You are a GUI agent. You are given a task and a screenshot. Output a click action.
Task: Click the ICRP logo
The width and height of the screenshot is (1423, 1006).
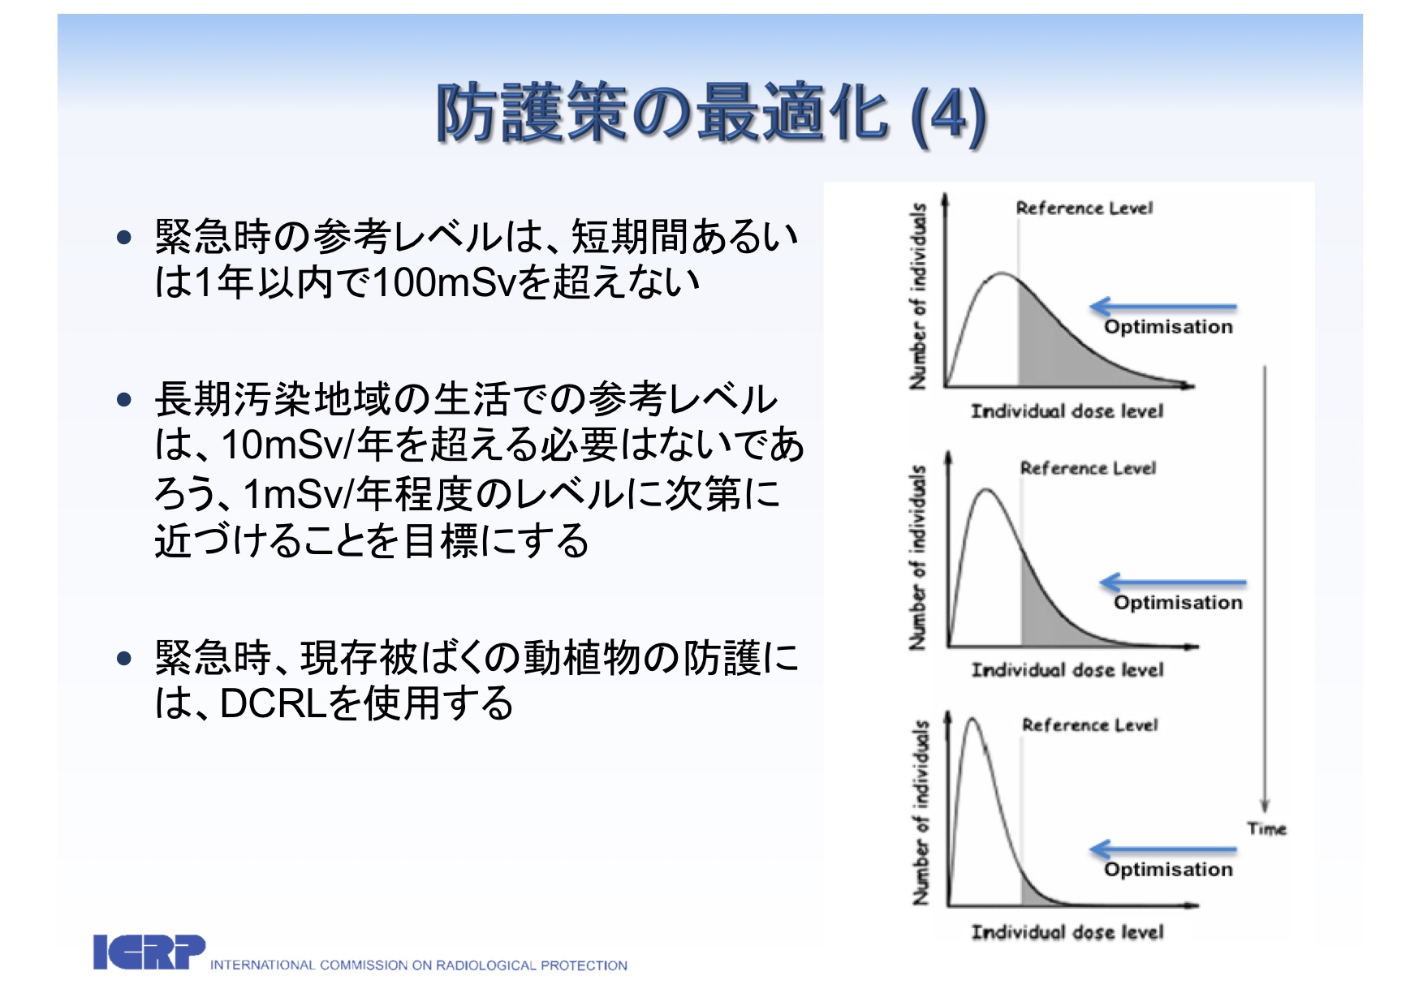[x=149, y=952]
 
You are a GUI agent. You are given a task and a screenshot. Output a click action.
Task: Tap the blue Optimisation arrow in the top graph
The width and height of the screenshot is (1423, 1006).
[x=1162, y=307]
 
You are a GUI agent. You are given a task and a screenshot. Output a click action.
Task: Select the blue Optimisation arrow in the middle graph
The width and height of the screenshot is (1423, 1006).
[x=1173, y=583]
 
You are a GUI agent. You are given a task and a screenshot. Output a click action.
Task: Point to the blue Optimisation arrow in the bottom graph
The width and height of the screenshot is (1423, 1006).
[x=1162, y=849]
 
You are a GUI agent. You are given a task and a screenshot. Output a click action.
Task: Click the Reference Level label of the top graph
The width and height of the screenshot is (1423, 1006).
[x=1084, y=208]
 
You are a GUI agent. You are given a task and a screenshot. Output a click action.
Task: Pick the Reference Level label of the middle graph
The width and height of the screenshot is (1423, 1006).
[x=1088, y=468]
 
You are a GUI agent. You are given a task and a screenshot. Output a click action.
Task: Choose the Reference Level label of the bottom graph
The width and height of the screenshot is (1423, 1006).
[x=1089, y=724]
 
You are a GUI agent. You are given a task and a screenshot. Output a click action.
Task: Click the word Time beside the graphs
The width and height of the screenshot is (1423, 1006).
[x=1266, y=828]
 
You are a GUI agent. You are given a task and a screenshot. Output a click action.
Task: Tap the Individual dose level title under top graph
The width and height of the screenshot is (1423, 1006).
[x=1067, y=411]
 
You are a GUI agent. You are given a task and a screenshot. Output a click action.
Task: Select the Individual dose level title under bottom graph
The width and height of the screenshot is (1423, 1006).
[x=1067, y=931]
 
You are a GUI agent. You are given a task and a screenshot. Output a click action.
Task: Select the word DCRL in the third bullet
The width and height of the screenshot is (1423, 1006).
[x=273, y=703]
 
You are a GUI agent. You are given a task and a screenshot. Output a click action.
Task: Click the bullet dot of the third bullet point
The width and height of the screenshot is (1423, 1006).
[x=123, y=658]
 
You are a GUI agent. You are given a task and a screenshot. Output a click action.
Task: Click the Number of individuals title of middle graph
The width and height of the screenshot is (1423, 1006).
[x=917, y=557]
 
